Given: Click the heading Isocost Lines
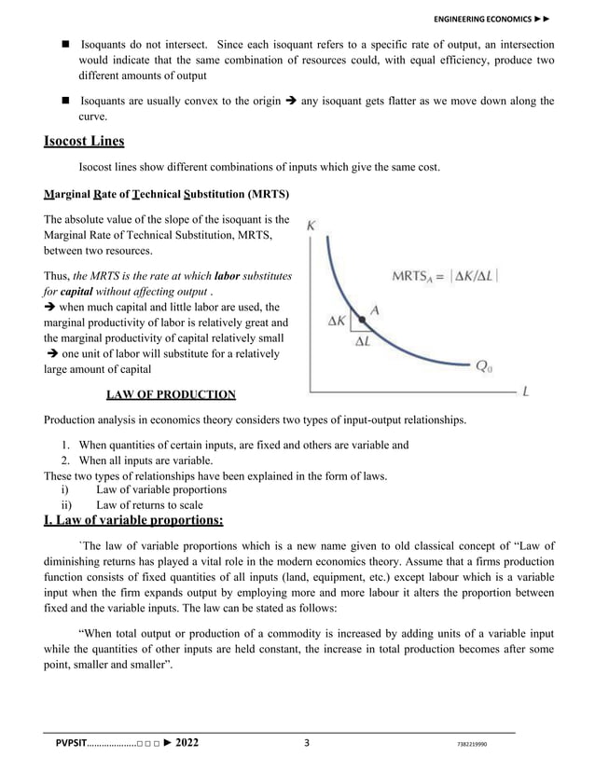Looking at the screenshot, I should (84, 142).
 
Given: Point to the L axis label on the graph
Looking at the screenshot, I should (527, 393).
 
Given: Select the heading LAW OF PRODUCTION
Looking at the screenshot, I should (171, 394).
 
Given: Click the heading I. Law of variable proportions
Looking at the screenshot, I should (133, 519).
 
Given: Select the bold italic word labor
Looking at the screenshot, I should (228, 276).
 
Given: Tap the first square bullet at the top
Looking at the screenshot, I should (67, 45).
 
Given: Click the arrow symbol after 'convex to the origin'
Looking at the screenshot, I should (294, 102).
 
